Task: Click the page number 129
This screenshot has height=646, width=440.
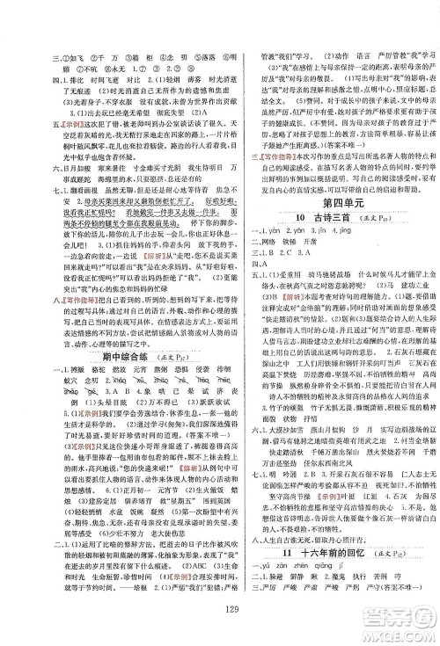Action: (220, 612)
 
